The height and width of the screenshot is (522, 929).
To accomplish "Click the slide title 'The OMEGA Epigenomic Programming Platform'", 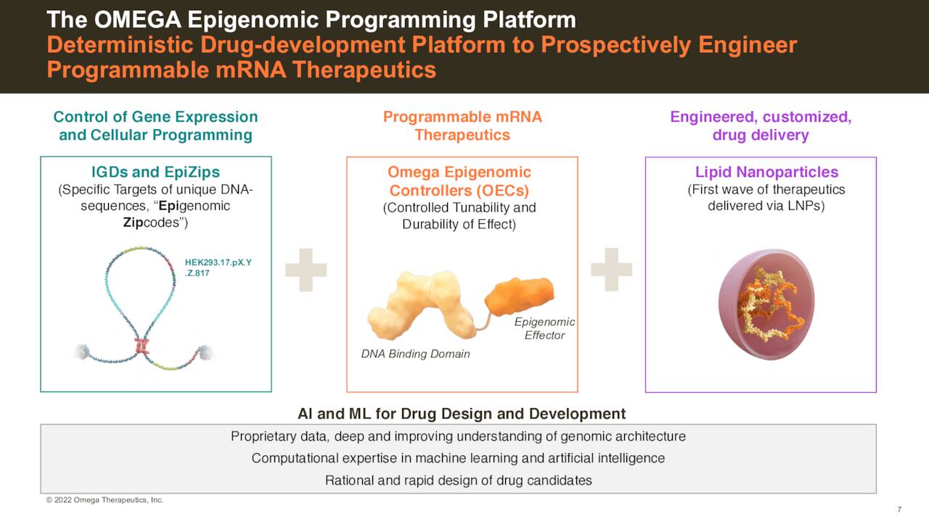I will [311, 20].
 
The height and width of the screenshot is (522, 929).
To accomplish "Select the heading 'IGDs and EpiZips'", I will [155, 173].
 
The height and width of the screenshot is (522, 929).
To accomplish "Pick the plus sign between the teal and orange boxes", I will [306, 270].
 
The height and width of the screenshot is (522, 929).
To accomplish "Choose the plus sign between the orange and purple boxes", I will [611, 270].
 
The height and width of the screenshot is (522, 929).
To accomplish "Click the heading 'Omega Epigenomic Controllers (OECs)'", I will [459, 181].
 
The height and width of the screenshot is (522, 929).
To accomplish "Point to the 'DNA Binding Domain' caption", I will [415, 354].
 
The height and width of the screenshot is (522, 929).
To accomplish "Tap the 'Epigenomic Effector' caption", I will [544, 328].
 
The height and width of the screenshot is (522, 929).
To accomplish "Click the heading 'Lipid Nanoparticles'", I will [766, 173].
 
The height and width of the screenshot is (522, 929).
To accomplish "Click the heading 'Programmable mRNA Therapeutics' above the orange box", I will [462, 126].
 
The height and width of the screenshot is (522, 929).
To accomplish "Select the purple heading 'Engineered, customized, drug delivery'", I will [760, 126].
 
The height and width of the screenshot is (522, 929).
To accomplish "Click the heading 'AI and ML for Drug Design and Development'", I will [461, 414].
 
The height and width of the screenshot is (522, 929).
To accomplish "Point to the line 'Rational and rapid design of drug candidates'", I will [458, 480].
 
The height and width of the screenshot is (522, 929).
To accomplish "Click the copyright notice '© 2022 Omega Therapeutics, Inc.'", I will [105, 500].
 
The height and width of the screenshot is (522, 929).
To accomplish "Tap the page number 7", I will [899, 509].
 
